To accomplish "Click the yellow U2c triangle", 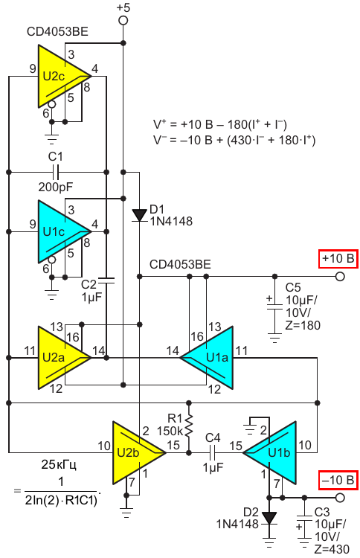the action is pos(59,76).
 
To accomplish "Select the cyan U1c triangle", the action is pos(59,231).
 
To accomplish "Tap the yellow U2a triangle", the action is pos(59,357).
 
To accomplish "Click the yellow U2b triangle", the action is pos(133,452).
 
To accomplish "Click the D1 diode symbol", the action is pos(139,215).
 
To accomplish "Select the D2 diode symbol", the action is pos(269,518).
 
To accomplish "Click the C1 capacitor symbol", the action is pos(56,173).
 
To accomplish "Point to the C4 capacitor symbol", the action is pos(213,452).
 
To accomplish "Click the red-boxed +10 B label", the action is pos(338,258).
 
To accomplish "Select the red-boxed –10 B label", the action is pos(338,481).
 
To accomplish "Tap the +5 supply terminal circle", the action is pos(123,20).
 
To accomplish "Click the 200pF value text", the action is pos(56,187).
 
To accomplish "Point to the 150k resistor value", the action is pos(170,431).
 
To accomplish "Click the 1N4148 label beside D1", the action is pos(171,222).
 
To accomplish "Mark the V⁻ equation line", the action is pos(234,140).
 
